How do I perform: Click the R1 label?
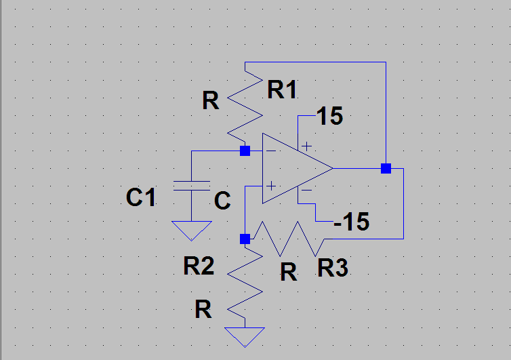click(x=282, y=89)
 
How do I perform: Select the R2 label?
click(x=199, y=266)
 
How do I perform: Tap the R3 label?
click(x=333, y=268)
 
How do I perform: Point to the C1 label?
click(x=141, y=198)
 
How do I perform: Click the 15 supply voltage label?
click(x=329, y=117)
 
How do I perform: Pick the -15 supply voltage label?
click(x=351, y=222)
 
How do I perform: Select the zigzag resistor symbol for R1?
click(x=244, y=106)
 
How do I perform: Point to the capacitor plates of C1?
click(x=191, y=186)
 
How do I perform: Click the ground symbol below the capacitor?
click(x=191, y=231)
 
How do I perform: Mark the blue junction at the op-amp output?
click(x=386, y=168)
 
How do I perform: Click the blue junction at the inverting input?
click(x=245, y=151)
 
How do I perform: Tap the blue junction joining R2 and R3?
click(x=245, y=239)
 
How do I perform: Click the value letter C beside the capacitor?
click(x=222, y=201)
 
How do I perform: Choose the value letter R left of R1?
click(x=211, y=102)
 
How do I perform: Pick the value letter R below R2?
click(x=203, y=310)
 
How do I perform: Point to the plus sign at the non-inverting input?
click(x=271, y=185)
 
